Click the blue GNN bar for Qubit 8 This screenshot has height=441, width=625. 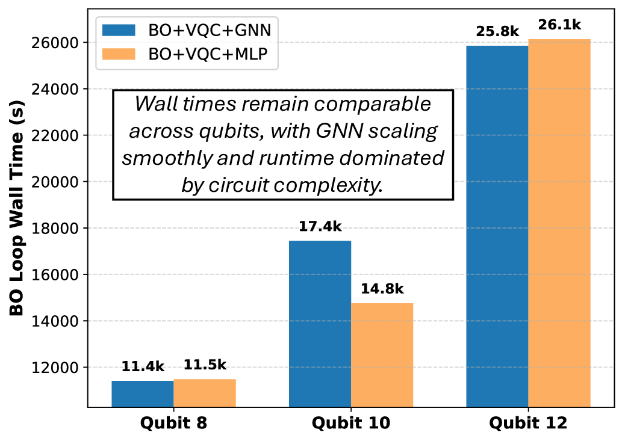[x=142, y=393]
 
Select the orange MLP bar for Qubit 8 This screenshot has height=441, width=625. [x=204, y=393]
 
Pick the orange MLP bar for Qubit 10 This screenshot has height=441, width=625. [x=382, y=355]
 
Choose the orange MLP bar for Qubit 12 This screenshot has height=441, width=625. [x=559, y=223]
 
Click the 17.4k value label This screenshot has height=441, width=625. [x=320, y=227]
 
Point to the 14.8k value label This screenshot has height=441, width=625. [x=382, y=289]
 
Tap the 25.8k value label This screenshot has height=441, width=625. [x=497, y=30]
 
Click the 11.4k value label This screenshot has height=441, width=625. [x=142, y=366]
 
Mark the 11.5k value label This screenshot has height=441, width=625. [x=204, y=366]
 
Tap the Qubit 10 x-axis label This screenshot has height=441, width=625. [x=351, y=423]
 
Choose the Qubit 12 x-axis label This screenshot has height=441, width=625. [x=528, y=423]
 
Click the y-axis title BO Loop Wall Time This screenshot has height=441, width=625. [x=16, y=216]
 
